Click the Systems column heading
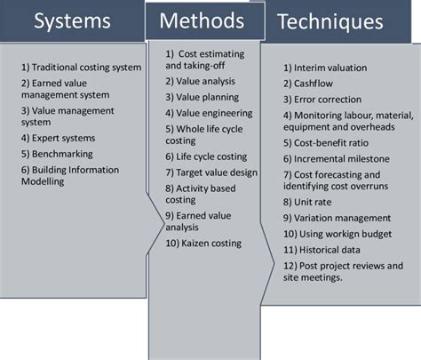(x=72, y=20)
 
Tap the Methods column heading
(x=202, y=20)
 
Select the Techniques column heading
(x=330, y=22)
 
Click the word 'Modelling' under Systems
(x=43, y=181)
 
